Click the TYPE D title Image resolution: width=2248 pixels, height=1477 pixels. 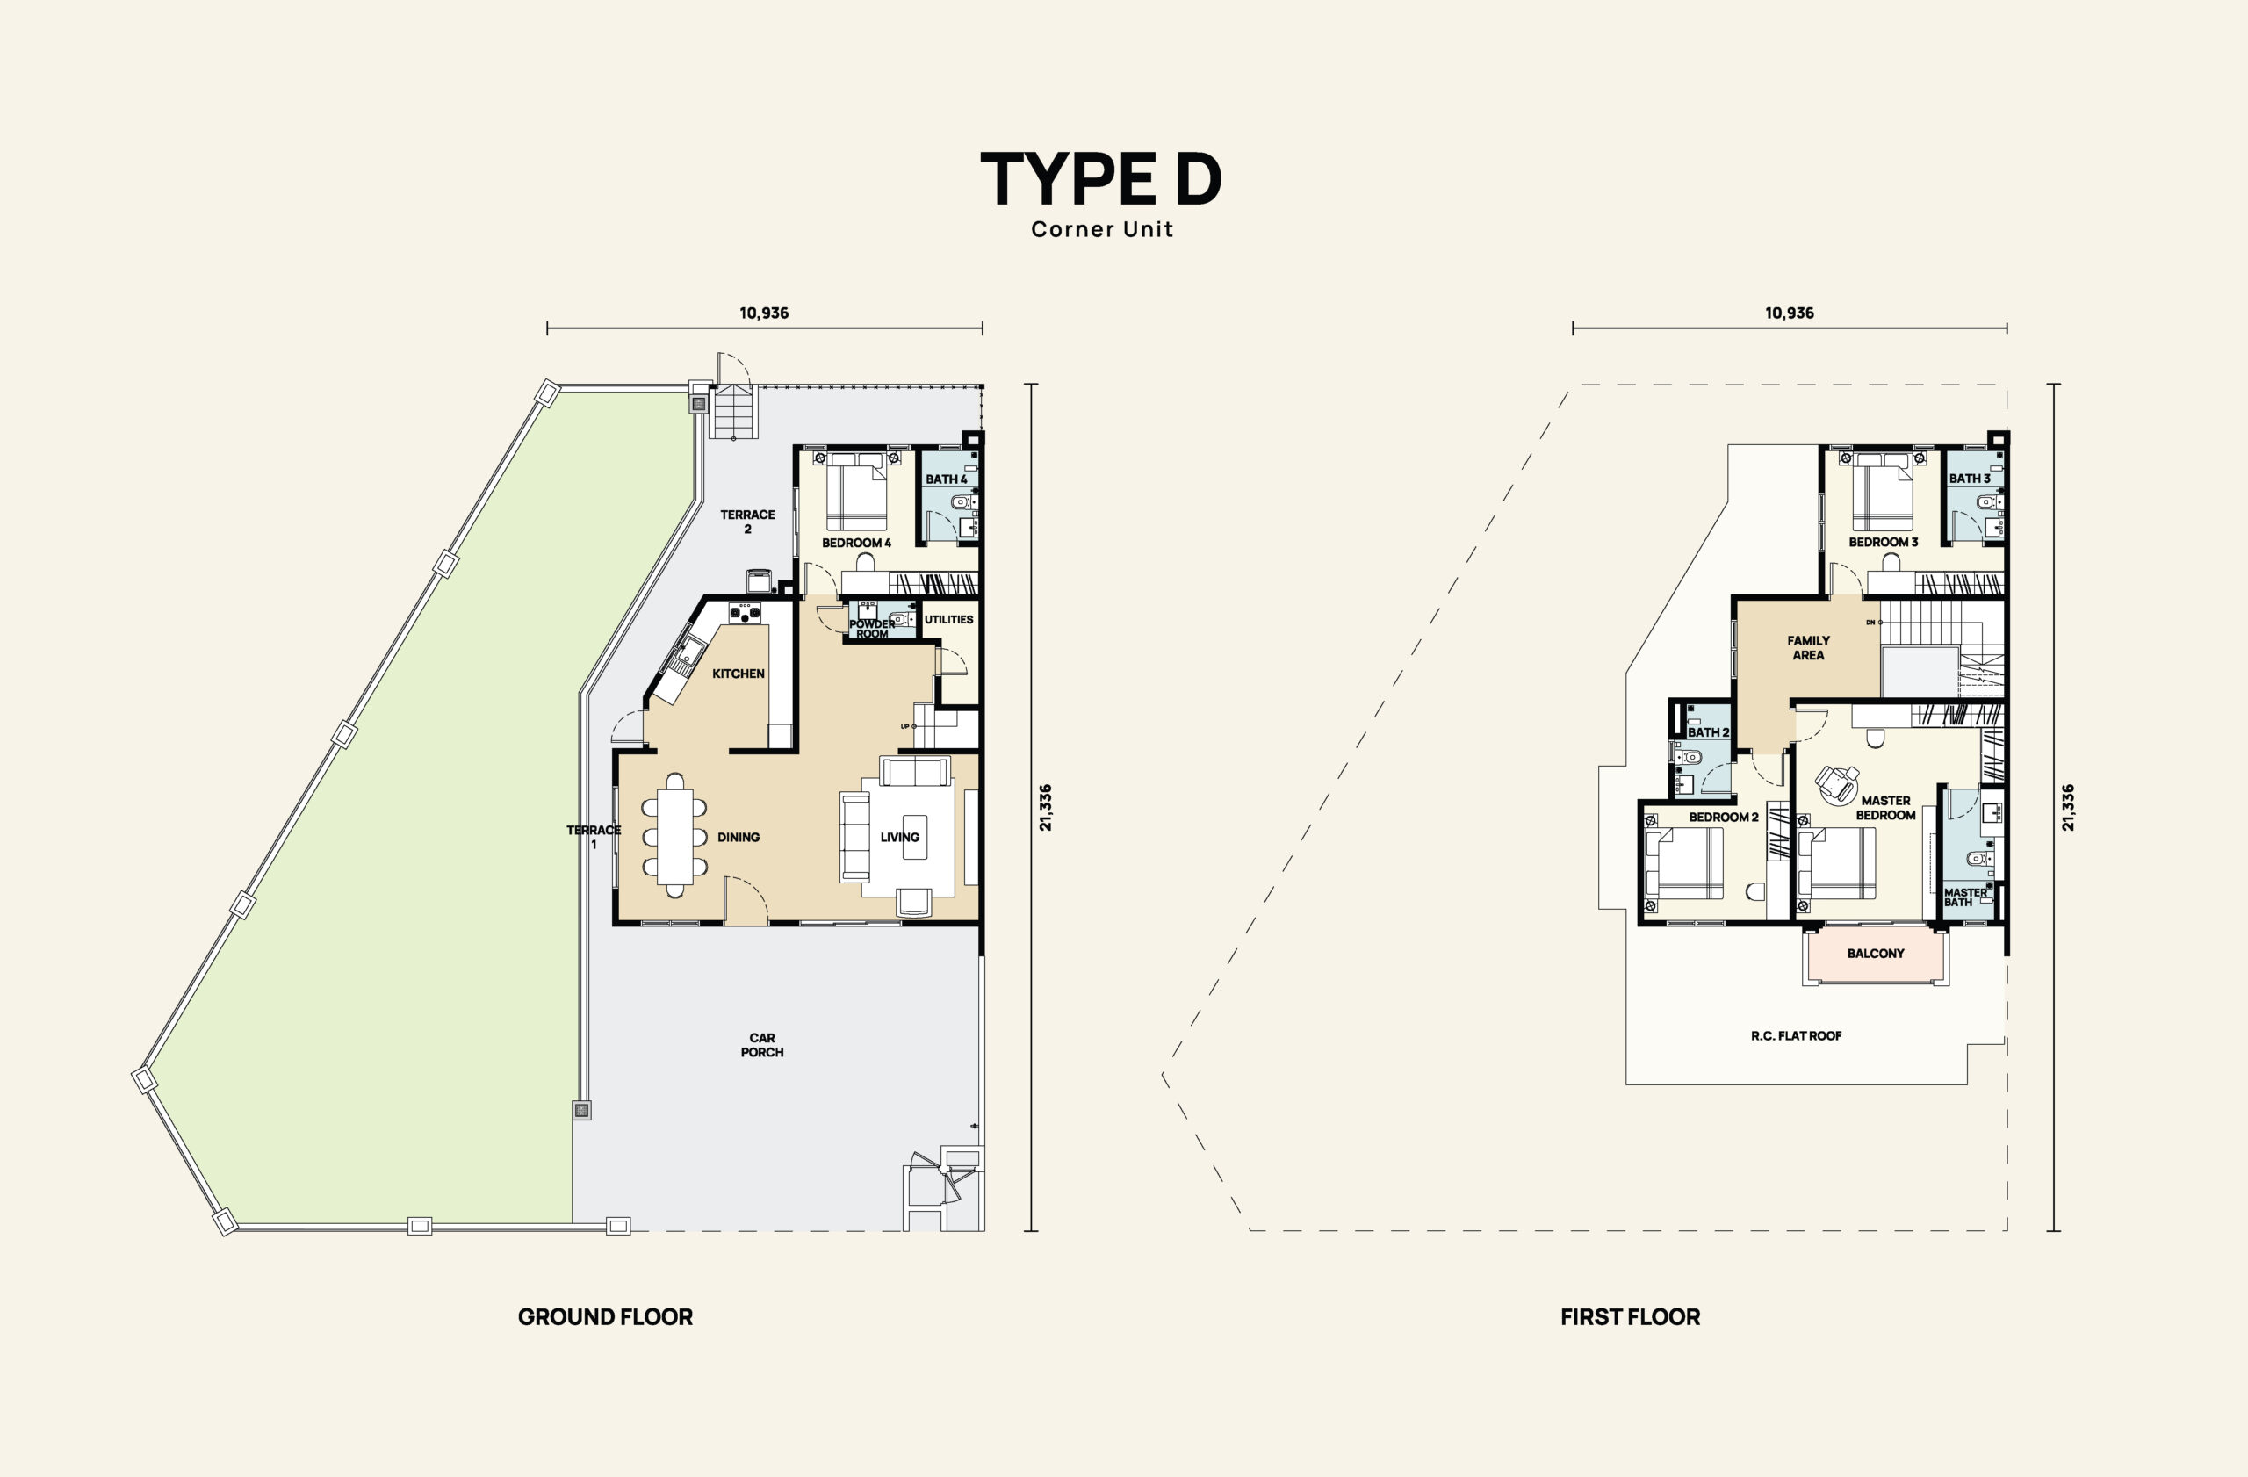[1101, 178]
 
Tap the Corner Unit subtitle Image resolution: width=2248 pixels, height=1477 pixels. [1101, 229]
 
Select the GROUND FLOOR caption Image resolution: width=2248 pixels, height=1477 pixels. [605, 1316]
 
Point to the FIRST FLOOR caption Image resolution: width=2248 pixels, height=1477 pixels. [1631, 1316]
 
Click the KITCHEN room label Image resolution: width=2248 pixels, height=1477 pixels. [739, 674]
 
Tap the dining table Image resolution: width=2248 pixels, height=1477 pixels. [674, 836]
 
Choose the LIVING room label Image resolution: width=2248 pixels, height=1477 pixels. [899, 837]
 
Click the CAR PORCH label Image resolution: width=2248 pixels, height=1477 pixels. [762, 1044]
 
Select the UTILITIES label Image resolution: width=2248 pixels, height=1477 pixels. [948, 619]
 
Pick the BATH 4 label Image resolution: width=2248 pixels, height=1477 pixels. [947, 479]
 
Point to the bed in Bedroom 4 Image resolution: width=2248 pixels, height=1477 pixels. [857, 491]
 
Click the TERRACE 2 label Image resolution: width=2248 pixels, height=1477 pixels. [747, 522]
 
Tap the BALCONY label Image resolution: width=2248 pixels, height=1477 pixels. [1876, 953]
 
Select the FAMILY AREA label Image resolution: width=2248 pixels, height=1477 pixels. [1809, 648]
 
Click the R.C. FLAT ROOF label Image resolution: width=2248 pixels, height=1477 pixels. [1797, 1036]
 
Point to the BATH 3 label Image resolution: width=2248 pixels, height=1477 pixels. [1970, 478]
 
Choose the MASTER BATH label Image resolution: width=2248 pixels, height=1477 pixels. [1964, 897]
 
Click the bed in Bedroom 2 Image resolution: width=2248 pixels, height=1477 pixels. [1684, 862]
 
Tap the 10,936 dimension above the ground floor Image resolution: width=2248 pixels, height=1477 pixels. [764, 313]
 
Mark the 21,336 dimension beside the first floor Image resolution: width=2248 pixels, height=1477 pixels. [2069, 808]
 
